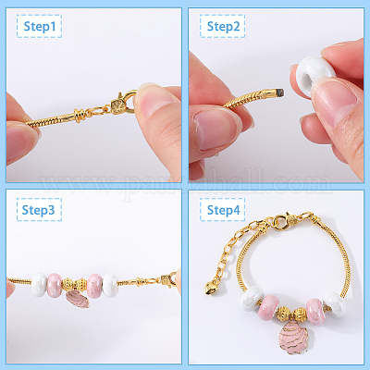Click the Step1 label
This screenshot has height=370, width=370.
40,26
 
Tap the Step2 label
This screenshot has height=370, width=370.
223,26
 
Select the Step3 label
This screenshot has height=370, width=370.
39,210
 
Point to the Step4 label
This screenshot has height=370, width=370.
223,210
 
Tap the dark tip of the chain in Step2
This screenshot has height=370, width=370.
280,92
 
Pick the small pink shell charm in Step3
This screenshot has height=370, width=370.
78,299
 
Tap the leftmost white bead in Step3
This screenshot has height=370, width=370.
39,284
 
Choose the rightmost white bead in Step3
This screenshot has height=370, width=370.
110,285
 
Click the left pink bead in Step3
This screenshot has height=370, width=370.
55,285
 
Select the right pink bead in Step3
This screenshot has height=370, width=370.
94,286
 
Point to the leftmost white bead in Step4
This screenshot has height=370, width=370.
253,298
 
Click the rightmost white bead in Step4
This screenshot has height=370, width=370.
335,304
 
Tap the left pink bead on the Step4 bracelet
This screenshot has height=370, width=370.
267,307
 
